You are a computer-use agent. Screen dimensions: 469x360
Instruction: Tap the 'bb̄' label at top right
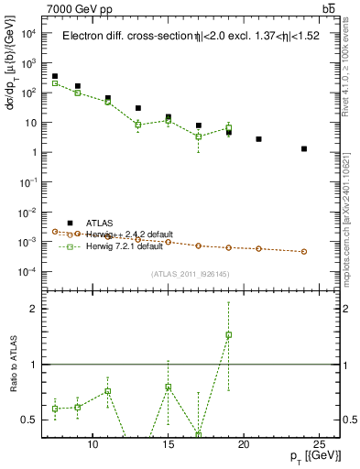click(x=328, y=8)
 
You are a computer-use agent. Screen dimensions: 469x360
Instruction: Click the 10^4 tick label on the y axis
click(x=28, y=34)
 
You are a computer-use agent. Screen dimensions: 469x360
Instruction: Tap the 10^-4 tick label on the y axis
click(x=27, y=272)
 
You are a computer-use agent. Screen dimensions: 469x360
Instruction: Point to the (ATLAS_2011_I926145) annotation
click(x=190, y=272)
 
